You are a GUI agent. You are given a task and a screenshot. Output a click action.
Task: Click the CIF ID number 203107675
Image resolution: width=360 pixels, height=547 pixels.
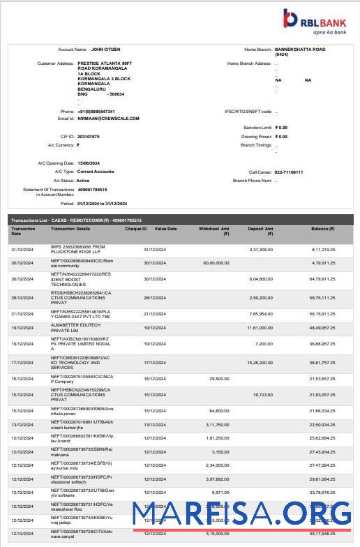point(89,136)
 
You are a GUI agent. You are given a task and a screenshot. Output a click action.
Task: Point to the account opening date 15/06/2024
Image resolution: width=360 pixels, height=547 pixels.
point(89,163)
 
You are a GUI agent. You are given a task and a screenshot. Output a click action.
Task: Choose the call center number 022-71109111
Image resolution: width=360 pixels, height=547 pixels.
point(289,172)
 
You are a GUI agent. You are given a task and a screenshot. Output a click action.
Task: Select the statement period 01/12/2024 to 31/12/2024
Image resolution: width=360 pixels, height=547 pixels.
point(103,204)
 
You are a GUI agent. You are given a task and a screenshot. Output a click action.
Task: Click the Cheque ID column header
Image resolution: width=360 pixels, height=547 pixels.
point(135,229)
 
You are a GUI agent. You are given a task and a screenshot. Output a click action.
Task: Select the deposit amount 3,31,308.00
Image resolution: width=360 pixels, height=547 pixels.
point(260,249)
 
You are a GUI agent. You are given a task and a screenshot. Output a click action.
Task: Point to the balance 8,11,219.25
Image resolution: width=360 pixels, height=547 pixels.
point(323,249)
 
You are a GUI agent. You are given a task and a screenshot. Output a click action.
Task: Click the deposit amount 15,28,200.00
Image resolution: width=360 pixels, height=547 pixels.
point(260,361)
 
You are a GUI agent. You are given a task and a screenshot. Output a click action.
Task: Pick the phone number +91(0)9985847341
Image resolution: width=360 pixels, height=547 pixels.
point(96,112)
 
